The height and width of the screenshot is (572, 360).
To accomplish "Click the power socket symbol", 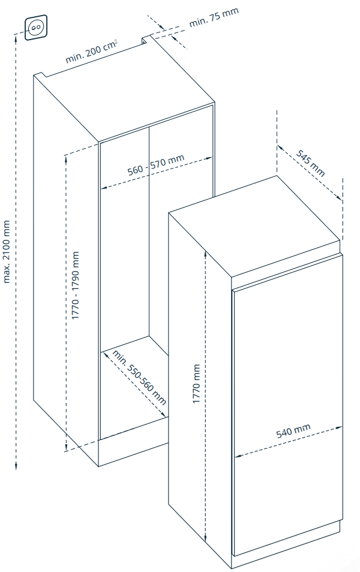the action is pos(36,27).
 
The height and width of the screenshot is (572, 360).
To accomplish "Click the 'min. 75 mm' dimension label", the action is pos(214,17).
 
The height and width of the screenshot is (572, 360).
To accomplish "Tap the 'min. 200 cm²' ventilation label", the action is pos(92,52).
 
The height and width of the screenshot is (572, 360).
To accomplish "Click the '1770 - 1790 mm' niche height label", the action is pos(75,285).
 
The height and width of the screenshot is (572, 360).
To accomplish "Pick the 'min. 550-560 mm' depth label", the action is pos(139,377).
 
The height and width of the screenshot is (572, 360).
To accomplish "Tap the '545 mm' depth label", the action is pos(310,163).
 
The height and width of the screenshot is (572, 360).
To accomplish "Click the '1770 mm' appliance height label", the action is pos(196,383).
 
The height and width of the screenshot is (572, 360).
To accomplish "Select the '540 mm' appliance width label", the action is pos(293,430).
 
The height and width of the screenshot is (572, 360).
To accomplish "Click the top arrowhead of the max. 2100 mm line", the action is pos(16,38).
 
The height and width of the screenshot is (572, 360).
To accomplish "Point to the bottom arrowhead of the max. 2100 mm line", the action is pos(16,466).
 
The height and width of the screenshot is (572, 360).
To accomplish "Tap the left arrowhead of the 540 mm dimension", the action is pos(238,456).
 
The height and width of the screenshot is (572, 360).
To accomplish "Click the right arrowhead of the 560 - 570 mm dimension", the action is pos(209,158).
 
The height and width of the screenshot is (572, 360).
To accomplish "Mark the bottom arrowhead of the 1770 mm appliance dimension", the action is pos(206,538).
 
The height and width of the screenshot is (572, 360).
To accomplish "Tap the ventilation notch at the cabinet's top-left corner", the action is pos(41,75).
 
